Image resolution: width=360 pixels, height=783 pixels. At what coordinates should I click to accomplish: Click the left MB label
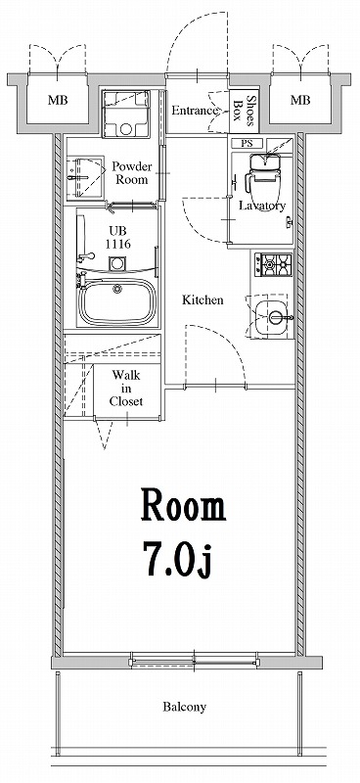[58, 101]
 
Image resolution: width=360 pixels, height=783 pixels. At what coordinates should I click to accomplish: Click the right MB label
[300, 101]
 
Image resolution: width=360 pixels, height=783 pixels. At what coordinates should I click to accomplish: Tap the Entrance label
[195, 111]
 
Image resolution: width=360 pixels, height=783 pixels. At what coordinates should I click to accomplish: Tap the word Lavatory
[262, 206]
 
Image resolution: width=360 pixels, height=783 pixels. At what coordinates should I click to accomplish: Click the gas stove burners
[273, 264]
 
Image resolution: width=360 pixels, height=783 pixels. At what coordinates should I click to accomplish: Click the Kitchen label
[202, 300]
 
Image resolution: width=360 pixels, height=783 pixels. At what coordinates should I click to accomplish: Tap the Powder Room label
[132, 172]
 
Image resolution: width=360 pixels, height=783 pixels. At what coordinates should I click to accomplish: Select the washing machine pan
[126, 114]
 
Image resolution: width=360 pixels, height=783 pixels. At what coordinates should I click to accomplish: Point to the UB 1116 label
[118, 238]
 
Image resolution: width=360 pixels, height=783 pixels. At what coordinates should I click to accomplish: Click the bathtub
[117, 301]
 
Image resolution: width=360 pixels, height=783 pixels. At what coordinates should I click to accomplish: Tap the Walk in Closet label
[126, 388]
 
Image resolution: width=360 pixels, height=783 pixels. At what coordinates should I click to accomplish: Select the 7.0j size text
[179, 560]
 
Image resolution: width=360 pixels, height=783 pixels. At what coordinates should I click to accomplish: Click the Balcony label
[184, 707]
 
